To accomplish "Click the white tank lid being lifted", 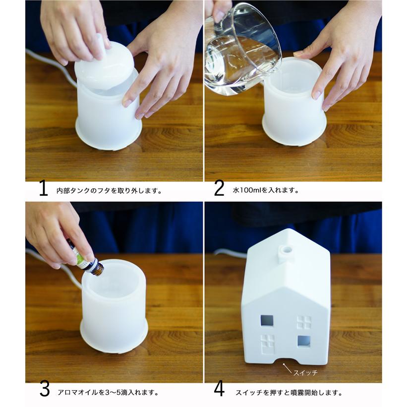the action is tap(104, 65).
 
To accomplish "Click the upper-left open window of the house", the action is tap(267, 321).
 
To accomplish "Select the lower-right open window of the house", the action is tap(304, 342).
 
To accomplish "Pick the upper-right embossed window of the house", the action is tap(304, 322).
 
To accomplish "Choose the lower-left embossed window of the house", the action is tap(267, 344).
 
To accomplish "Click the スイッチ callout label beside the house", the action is tap(305, 373).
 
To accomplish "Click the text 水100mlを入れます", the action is tap(266, 190).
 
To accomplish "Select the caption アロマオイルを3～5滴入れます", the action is tap(108, 392).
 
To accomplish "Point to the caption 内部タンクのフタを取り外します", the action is tap(110, 191).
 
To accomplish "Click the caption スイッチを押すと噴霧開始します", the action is tap(289, 393).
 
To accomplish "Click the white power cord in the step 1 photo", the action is tap(52, 65).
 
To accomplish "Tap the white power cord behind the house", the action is tap(230, 253).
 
